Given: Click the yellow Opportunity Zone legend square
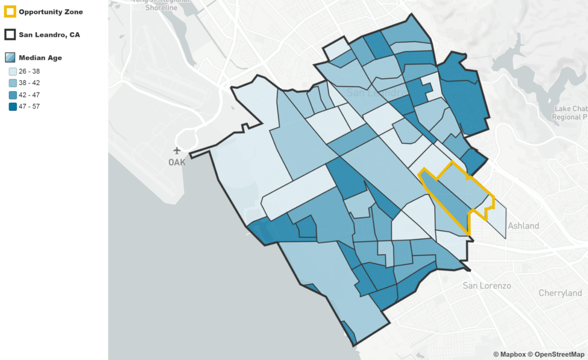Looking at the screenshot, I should tap(10, 12).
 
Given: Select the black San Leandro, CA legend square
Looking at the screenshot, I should tap(10, 35).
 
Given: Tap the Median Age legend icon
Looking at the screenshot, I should tap(10, 58).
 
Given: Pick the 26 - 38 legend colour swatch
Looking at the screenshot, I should tap(12, 72).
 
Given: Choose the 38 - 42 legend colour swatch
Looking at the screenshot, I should tap(12, 83).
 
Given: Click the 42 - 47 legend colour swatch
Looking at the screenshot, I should tap(12, 95).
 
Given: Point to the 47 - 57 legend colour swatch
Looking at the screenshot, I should tap(12, 106).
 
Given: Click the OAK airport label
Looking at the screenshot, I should tap(177, 162).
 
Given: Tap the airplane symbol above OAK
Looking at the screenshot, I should tap(177, 151).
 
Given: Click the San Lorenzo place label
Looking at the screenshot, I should tap(487, 285).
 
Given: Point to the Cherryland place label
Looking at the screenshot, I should tap(560, 293).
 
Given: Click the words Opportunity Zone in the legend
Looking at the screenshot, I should tap(51, 12).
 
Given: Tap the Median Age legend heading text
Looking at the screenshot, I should tap(40, 58).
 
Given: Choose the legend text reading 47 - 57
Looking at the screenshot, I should tap(29, 106).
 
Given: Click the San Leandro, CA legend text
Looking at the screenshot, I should tap(49, 35).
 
